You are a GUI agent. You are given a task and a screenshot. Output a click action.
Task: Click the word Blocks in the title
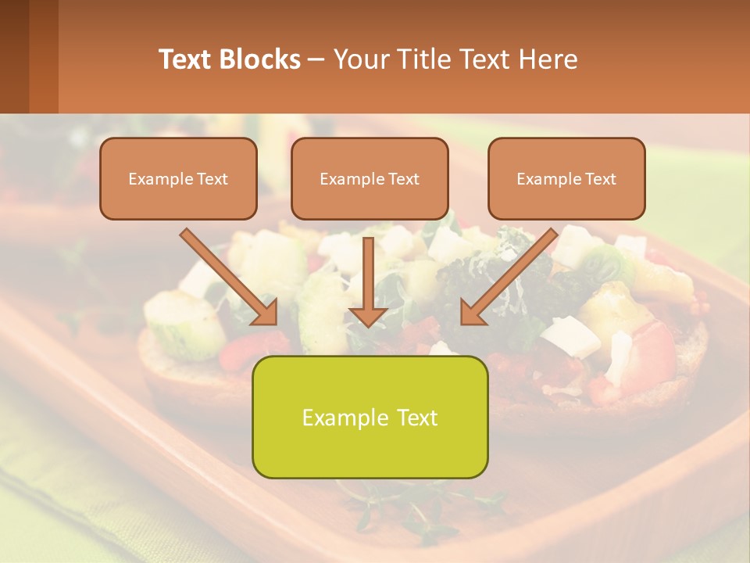pyautogui.click(x=259, y=59)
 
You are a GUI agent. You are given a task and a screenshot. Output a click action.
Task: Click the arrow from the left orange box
pyautogui.click(x=227, y=274)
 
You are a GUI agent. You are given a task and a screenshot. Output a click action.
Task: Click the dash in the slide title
pyautogui.click(x=316, y=59)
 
